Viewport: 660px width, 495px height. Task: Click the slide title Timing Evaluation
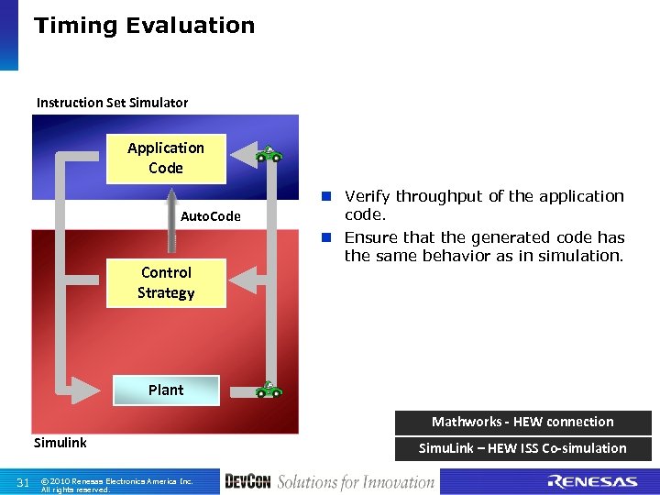click(x=144, y=26)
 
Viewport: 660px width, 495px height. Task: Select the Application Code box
click(x=166, y=158)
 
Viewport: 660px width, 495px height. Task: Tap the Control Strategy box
click(x=166, y=282)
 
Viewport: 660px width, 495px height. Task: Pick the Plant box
click(x=166, y=390)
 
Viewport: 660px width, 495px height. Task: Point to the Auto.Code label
click(x=211, y=216)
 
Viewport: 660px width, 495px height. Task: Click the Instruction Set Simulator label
click(x=112, y=102)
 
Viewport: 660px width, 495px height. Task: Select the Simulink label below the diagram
click(x=60, y=442)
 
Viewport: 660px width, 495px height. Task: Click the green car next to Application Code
click(x=269, y=154)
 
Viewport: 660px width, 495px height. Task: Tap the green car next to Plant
click(x=269, y=390)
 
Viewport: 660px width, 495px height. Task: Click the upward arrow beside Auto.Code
click(x=170, y=220)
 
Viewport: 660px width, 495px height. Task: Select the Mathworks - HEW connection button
click(x=522, y=422)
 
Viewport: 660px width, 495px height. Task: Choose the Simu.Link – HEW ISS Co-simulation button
click(x=522, y=448)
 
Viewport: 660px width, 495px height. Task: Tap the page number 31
click(x=24, y=482)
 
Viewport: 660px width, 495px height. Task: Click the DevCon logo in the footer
click(x=247, y=481)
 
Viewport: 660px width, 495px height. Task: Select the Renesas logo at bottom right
click(x=592, y=481)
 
